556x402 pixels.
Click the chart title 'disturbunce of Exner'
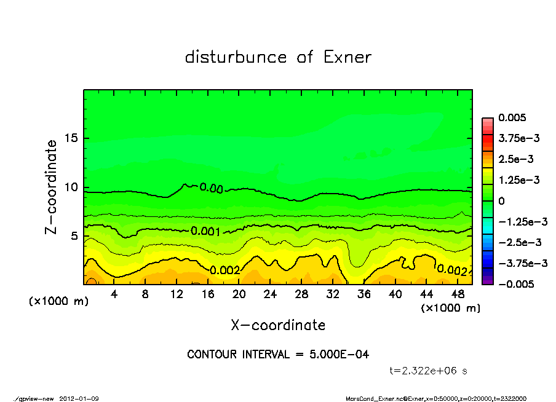pyautogui.click(x=278, y=58)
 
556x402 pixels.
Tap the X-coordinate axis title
pyautogui.click(x=278, y=325)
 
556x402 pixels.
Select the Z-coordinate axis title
pyautogui.click(x=51, y=187)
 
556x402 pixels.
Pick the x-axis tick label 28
pyautogui.click(x=301, y=294)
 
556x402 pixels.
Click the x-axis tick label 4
pyautogui.click(x=114, y=294)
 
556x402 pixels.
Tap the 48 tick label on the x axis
pyautogui.click(x=458, y=294)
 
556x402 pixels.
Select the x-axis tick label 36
pyautogui.click(x=364, y=294)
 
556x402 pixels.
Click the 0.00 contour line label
pyautogui.click(x=211, y=188)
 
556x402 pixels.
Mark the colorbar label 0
pyautogui.click(x=501, y=201)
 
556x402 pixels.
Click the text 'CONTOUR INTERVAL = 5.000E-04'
pyautogui.click(x=278, y=355)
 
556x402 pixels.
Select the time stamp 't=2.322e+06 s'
pyautogui.click(x=429, y=371)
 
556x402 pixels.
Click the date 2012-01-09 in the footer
pyautogui.click(x=79, y=398)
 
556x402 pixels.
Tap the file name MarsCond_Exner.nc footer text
pyautogui.click(x=375, y=398)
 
